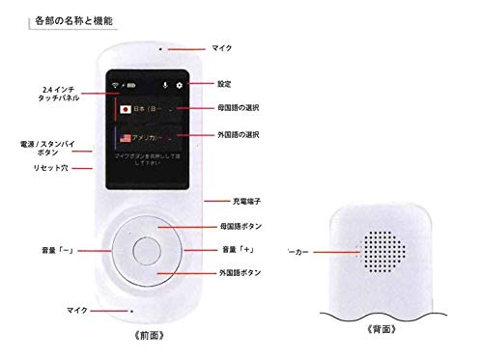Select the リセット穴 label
40,167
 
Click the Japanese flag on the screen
125,110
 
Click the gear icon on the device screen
178,85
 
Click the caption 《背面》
384,327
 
